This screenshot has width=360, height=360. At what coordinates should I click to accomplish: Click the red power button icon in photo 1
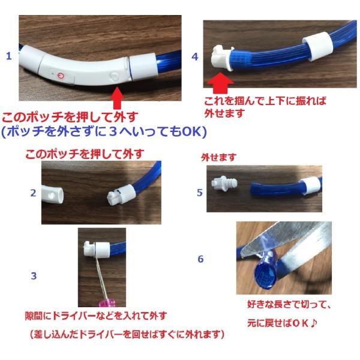(x=61, y=76)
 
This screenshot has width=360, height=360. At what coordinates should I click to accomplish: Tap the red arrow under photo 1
(x=117, y=98)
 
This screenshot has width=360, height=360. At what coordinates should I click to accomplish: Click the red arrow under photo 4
(x=220, y=83)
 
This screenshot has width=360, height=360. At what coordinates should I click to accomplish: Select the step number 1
(x=9, y=56)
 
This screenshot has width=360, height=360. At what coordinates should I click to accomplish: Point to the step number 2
(x=33, y=193)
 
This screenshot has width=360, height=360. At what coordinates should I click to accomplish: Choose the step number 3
(x=34, y=276)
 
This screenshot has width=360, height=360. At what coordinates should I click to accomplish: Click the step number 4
(x=195, y=57)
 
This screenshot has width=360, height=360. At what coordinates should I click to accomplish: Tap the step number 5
(x=200, y=193)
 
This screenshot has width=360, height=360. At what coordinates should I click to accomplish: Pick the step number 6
(x=200, y=259)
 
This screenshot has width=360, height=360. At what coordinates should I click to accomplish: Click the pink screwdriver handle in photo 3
(x=107, y=303)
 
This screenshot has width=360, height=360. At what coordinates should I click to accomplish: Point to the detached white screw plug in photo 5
(x=224, y=184)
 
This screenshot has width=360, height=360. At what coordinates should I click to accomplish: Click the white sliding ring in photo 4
(x=318, y=46)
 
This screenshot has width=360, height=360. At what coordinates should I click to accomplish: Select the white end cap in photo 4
(x=222, y=58)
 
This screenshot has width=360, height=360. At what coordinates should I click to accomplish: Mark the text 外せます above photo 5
(x=218, y=157)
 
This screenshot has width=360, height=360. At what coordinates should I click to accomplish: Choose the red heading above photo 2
(x=85, y=154)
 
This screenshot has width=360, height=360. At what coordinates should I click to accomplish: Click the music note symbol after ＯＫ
(x=313, y=323)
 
